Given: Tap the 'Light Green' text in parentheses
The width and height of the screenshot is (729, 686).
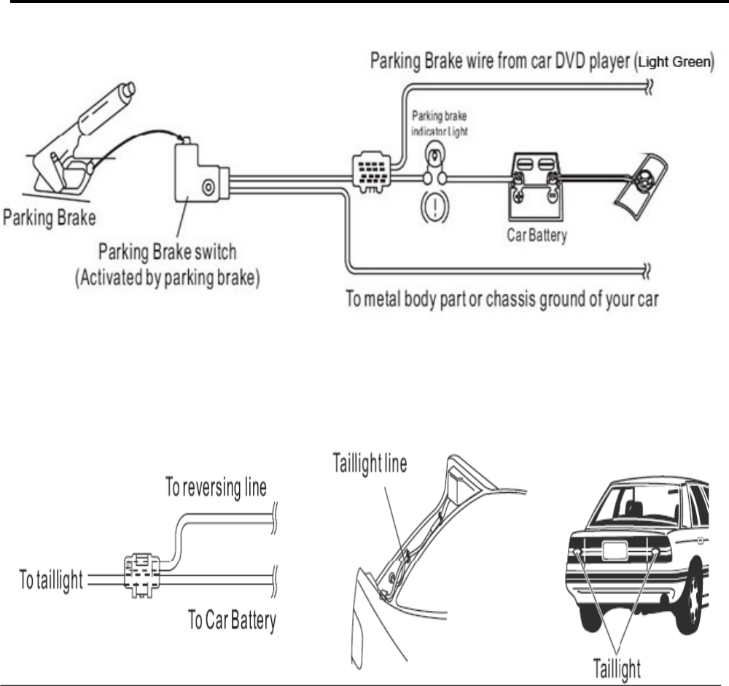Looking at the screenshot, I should coord(673,63).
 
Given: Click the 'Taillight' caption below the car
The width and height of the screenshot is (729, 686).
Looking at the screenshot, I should coord(615,669).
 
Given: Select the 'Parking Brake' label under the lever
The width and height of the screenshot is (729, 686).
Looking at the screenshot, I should coord(50,217).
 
